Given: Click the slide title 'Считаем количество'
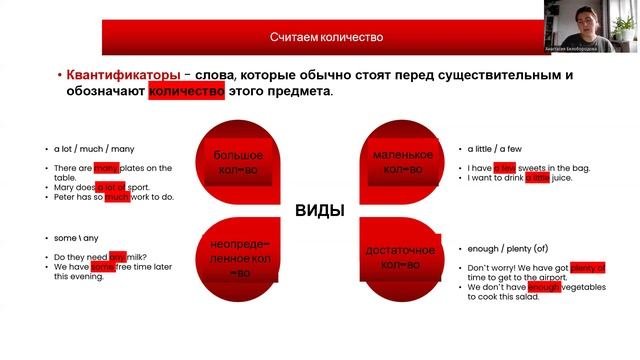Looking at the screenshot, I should (x=326, y=37).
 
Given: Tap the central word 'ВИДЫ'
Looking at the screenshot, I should (x=319, y=211).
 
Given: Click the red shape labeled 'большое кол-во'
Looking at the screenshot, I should (x=238, y=162).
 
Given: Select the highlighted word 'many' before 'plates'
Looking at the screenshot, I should (x=107, y=168).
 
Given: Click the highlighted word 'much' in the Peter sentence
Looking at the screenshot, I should (x=117, y=197).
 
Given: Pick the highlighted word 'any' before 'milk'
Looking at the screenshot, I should (x=118, y=256).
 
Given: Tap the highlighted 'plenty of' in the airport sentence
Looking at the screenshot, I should (x=589, y=267).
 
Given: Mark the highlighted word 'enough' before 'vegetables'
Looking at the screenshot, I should (x=544, y=287).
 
